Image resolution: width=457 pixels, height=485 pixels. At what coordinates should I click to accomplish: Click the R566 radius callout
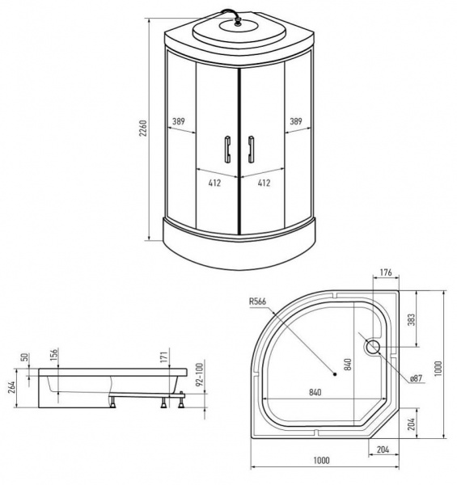coord(260,302)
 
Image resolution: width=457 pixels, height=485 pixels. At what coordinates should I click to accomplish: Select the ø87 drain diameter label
coord(417,378)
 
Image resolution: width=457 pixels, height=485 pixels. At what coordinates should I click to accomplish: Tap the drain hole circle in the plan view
coord(373,348)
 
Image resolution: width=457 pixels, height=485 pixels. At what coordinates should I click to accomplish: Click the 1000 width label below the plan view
coord(323,461)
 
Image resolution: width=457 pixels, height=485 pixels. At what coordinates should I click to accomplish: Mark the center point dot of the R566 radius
coord(334,373)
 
